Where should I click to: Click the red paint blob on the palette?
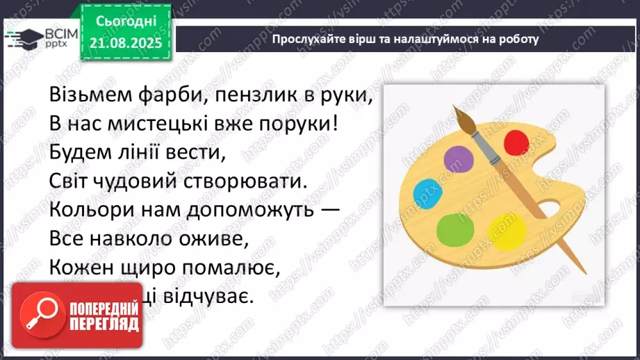tap(516, 143)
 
